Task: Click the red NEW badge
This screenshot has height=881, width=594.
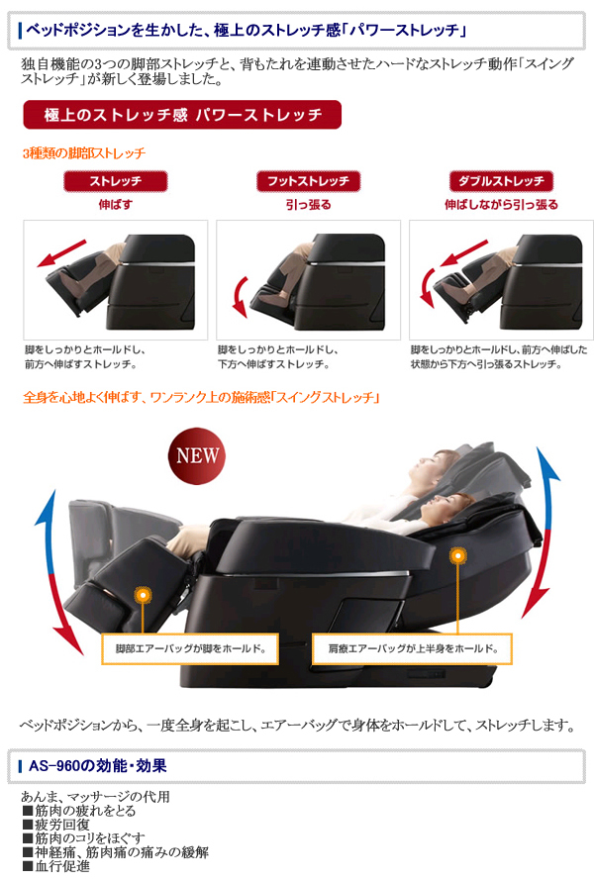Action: pos(197,455)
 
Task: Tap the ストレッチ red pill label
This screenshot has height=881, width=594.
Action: pos(115,181)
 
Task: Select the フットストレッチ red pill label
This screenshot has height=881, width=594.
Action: pos(308,181)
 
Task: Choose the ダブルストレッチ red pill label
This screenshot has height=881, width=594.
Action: pos(501,181)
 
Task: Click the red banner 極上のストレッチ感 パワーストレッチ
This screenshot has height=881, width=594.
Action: pos(182,115)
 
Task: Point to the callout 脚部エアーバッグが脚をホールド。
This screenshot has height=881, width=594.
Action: pos(190,649)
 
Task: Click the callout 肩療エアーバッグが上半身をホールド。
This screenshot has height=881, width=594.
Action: pos(413,649)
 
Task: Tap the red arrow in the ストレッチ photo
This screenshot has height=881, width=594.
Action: pos(61,253)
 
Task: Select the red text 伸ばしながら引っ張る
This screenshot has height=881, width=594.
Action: pos(501,205)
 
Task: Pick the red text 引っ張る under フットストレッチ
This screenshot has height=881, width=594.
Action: pos(308,205)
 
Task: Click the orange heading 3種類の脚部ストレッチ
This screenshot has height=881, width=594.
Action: pos(84,152)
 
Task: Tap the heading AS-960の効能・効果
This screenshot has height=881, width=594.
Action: pos(97,766)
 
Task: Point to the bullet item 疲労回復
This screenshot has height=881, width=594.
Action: pos(56,825)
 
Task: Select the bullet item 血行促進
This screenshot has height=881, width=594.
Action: pos(56,866)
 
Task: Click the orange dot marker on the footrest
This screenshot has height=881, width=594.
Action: pos(144,595)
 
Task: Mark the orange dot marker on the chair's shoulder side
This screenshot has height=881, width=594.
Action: pos(458,556)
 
